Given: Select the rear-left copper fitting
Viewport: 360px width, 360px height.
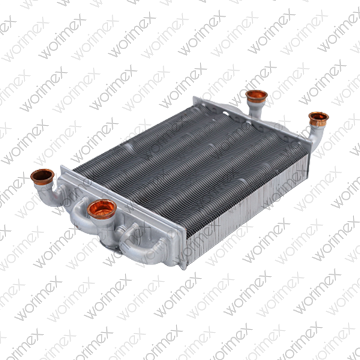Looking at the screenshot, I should point(256,96).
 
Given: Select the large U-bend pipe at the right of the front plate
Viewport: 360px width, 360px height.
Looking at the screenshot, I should point(144,246).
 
